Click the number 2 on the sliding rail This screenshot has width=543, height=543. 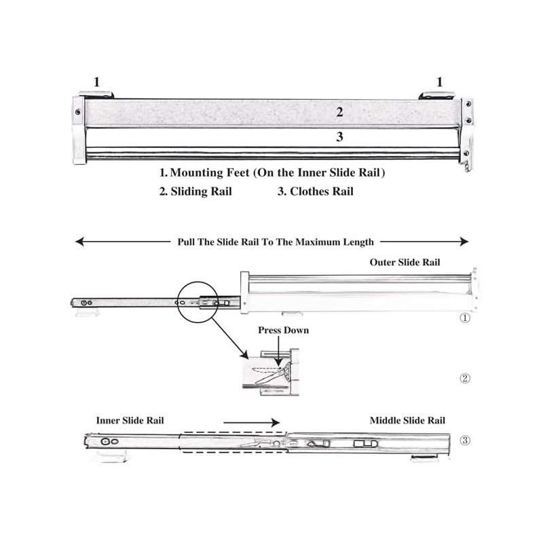click(339, 112)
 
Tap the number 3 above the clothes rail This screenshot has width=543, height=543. click(339, 137)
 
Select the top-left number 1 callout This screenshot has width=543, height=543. click(96, 82)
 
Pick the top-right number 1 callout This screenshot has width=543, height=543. click(439, 82)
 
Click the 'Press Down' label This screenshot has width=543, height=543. click(283, 330)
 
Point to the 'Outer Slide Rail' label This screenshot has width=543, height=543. click(405, 262)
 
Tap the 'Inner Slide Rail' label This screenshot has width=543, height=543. click(130, 420)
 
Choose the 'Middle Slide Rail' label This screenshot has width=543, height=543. click(407, 420)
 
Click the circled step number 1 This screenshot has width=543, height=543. click(465, 318)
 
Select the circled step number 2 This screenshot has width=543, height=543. click(465, 378)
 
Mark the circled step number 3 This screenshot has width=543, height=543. click(465, 441)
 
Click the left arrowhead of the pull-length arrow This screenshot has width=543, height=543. click(79, 242)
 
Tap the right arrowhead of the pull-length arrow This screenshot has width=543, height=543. click(464, 242)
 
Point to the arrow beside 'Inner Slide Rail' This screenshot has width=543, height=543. click(251, 422)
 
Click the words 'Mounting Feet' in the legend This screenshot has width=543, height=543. click(210, 172)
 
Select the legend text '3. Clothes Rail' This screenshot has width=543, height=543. click(316, 191)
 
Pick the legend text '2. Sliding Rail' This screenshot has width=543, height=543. click(195, 191)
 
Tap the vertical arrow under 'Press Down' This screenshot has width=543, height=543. click(278, 350)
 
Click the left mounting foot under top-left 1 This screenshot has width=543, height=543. click(96, 94)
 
